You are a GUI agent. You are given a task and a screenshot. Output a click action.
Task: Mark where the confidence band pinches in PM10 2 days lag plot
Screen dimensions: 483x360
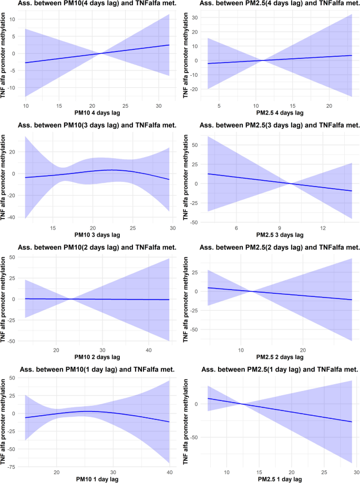click(x=70, y=299)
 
